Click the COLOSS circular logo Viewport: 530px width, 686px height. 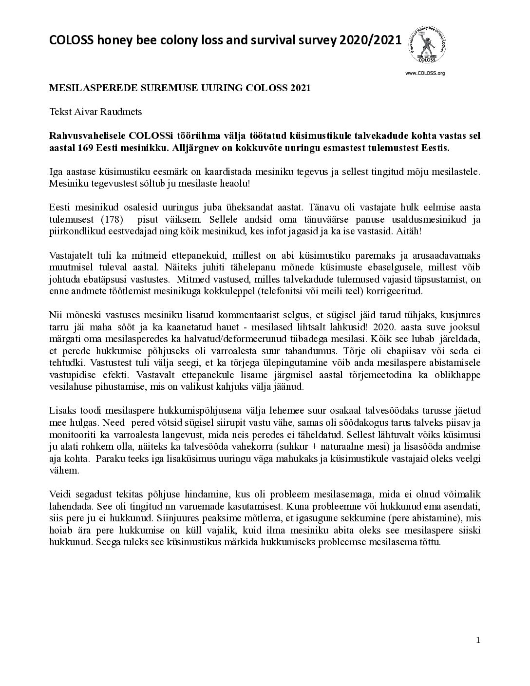[429, 44]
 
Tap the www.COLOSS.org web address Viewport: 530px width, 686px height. [425, 73]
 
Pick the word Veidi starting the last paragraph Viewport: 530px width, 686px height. [60, 494]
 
